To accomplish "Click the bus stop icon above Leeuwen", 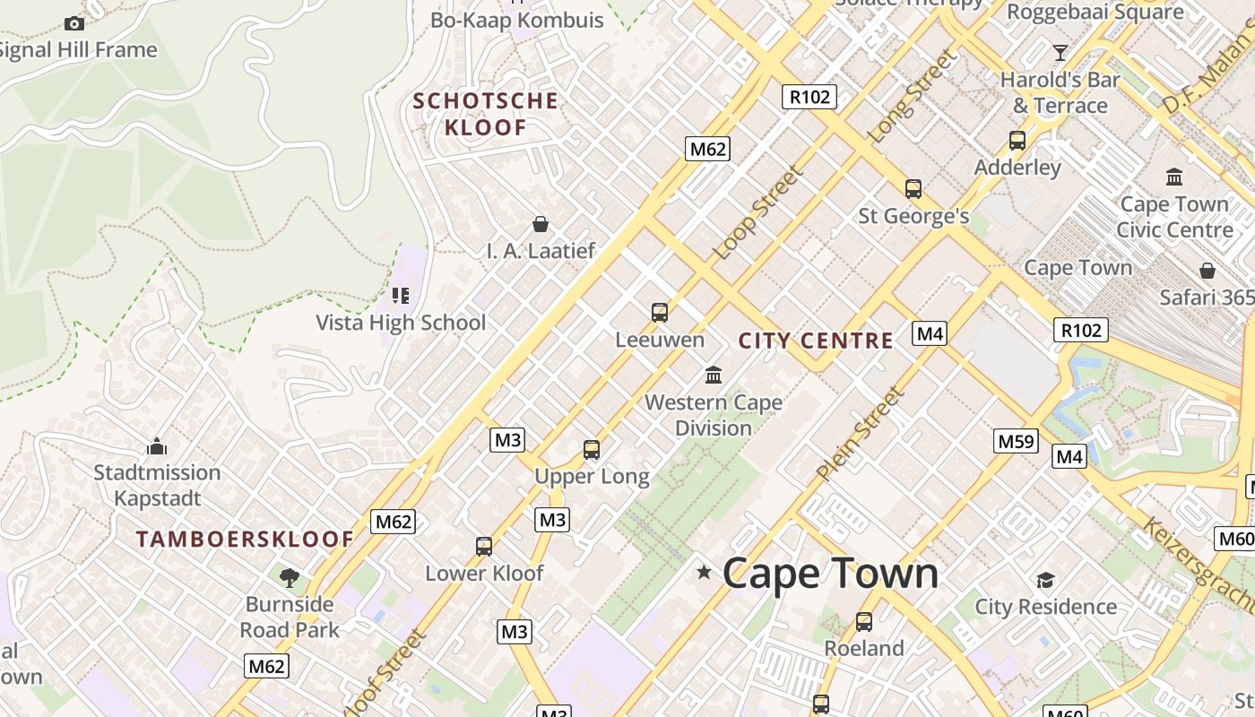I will (660, 313).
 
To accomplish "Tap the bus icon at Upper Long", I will (592, 450).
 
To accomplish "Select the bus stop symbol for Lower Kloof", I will (484, 546).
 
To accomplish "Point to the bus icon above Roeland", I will (864, 621).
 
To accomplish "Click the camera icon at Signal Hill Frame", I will (74, 23).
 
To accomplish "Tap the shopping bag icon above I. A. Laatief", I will (541, 223).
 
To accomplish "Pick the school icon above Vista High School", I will (401, 295).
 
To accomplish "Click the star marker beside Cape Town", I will (705, 572).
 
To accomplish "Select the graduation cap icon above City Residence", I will (1045, 580).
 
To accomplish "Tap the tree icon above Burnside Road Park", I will (289, 577).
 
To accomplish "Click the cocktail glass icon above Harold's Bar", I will (1060, 52).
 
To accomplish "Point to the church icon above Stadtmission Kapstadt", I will (157, 445).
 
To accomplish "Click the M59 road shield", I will (1017, 441).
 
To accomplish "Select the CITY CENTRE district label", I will (816, 341).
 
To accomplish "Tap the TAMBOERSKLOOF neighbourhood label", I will (245, 540).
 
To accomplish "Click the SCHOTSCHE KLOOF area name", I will (486, 114).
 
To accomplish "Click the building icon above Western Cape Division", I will (714, 375).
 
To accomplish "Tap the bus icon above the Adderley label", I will (1017, 141).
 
